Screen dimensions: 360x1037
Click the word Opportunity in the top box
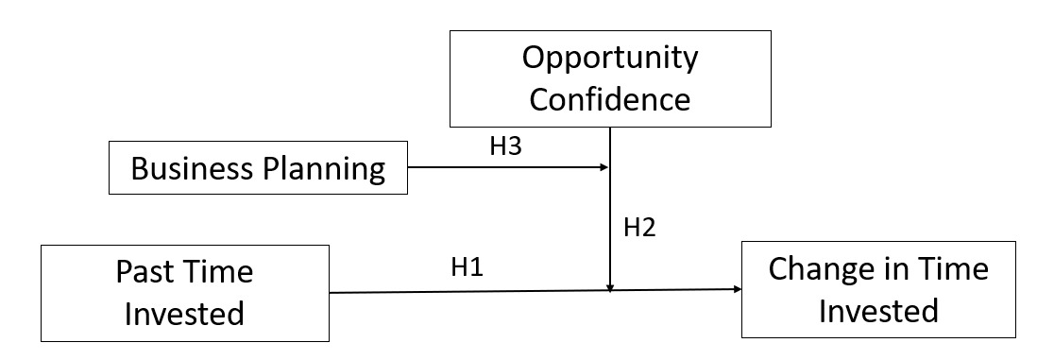click(x=610, y=58)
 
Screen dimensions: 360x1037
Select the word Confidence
click(x=610, y=98)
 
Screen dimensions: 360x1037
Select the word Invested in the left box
click(x=184, y=312)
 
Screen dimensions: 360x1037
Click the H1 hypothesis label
click(x=467, y=267)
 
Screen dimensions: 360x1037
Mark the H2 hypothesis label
click(x=638, y=227)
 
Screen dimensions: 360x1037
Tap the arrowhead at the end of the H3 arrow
click(x=604, y=168)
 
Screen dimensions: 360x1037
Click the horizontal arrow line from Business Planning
click(x=501, y=168)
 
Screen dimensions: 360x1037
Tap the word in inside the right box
click(x=895, y=269)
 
